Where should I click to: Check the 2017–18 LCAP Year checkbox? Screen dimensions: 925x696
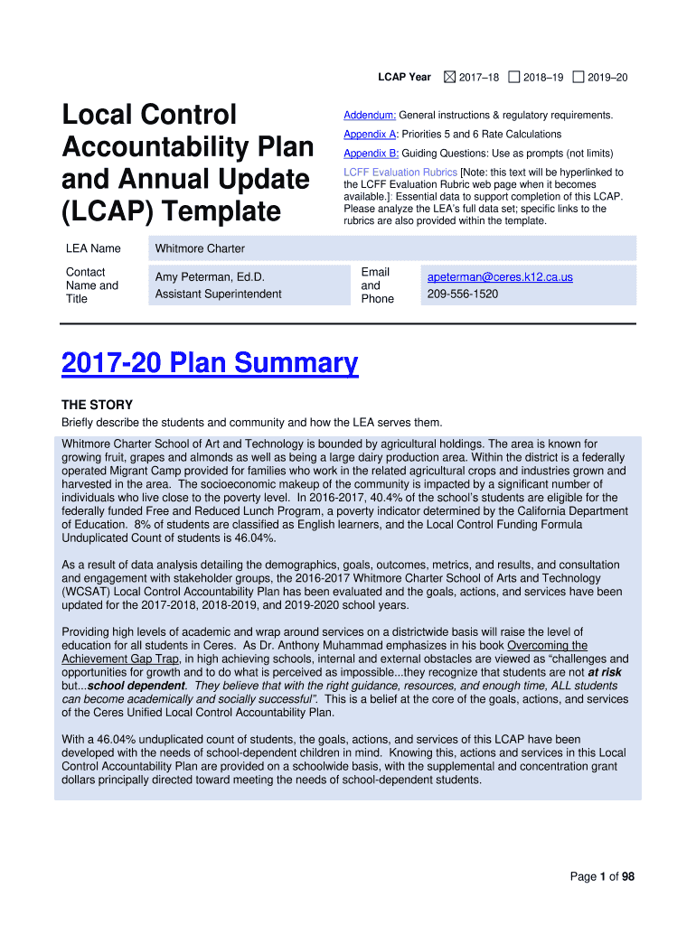tap(450, 78)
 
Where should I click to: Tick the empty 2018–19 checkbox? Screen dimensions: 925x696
tap(513, 78)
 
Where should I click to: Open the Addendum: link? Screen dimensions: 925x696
tap(370, 116)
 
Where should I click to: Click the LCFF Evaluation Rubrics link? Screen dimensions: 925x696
tap(400, 173)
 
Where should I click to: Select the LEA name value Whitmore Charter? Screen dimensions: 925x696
tap(200, 248)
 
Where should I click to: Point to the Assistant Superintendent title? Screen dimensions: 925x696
tap(218, 294)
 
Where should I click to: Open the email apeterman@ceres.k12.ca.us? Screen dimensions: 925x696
tap(500, 277)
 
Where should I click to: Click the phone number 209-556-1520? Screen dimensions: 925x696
tap(462, 294)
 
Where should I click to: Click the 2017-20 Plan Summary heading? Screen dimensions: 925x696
tap(210, 363)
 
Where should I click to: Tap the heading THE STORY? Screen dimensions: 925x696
tap(97, 405)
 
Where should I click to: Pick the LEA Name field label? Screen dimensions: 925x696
tap(93, 248)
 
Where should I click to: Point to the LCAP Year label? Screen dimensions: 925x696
tap(404, 78)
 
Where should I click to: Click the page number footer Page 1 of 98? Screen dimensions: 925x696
tap(602, 876)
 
